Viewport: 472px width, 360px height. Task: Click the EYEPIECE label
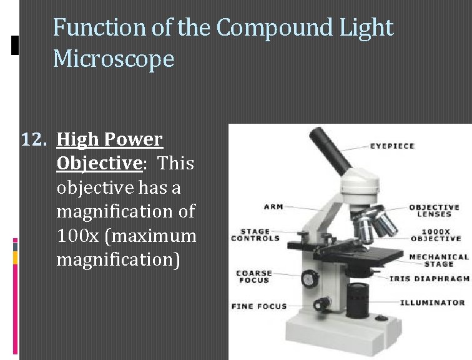coord(392,146)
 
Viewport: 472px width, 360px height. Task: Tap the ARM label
coord(273,207)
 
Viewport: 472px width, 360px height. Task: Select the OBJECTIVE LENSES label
coord(434,211)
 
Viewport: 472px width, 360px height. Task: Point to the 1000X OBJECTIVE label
coord(435,234)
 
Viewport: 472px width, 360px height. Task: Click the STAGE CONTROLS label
coord(255,235)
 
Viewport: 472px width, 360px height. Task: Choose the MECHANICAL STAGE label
coord(438,260)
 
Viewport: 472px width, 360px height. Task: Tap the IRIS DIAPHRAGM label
coord(429,279)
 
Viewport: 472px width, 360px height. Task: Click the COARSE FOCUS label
coord(253,277)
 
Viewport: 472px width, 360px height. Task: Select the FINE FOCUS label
coord(258,306)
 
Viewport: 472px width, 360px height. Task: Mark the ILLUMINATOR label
coord(432,302)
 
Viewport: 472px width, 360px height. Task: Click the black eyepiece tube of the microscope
coord(330,151)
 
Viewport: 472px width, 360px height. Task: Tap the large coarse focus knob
coord(308,278)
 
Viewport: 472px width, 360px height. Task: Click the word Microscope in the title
coord(114,59)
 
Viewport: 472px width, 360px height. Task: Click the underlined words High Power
coord(109,139)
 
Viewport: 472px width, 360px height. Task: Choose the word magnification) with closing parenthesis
coord(118,259)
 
